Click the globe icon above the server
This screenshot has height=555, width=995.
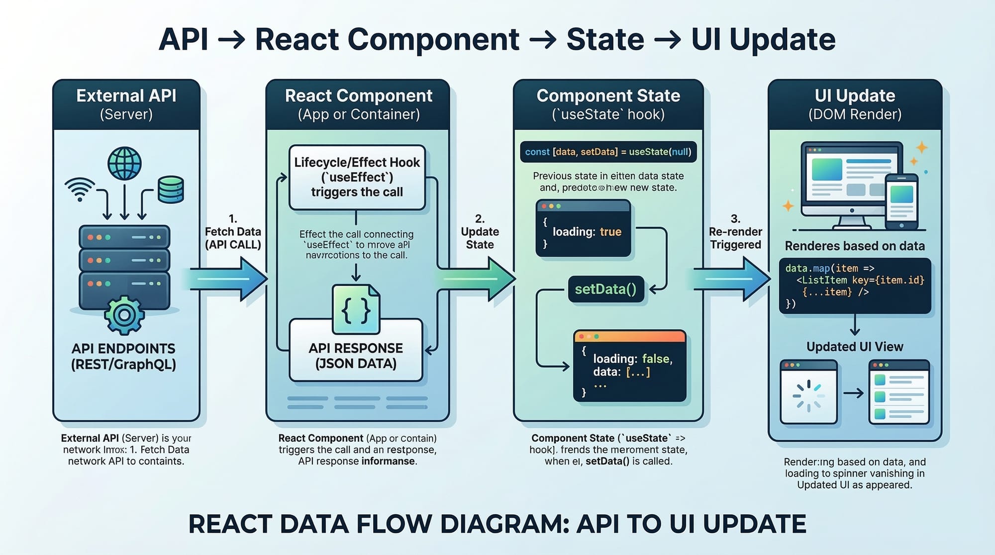124,163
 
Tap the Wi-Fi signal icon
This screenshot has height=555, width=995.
80,189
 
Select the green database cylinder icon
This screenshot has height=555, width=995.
171,189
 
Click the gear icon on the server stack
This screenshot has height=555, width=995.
124,314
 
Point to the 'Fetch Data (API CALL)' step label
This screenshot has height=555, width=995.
233,232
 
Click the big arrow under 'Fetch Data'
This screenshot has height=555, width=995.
229,278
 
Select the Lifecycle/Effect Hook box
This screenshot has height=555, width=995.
357,177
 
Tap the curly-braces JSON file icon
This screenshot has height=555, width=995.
356,309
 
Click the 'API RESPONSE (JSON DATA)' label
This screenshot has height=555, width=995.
356,356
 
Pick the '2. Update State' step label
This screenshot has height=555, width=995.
480,232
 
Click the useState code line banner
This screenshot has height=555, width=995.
608,152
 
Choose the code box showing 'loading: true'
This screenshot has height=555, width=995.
583,229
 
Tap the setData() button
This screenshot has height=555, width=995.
606,289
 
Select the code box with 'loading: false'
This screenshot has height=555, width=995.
630,366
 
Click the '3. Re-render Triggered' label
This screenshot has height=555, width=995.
735,232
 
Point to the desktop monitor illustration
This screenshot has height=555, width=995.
846,182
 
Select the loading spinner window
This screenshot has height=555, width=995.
808,392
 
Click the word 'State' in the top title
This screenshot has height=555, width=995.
605,39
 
